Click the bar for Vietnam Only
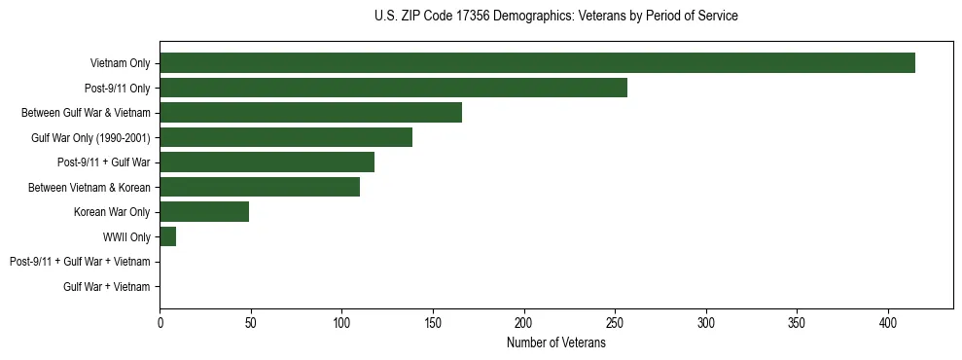coord(537,63)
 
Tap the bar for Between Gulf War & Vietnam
coord(310,113)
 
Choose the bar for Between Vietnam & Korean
coord(260,187)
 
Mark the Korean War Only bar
coord(204,212)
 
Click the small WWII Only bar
coord(167,236)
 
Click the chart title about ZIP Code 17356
coord(555,17)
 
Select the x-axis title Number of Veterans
coord(555,343)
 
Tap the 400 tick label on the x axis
coord(888,322)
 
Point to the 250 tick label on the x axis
coord(615,322)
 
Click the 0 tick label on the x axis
coord(160,322)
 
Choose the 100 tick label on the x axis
coord(341,322)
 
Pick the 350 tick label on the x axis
coord(797,322)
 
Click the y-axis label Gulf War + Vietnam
coord(107,286)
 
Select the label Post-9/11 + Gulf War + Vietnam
coord(80,262)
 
